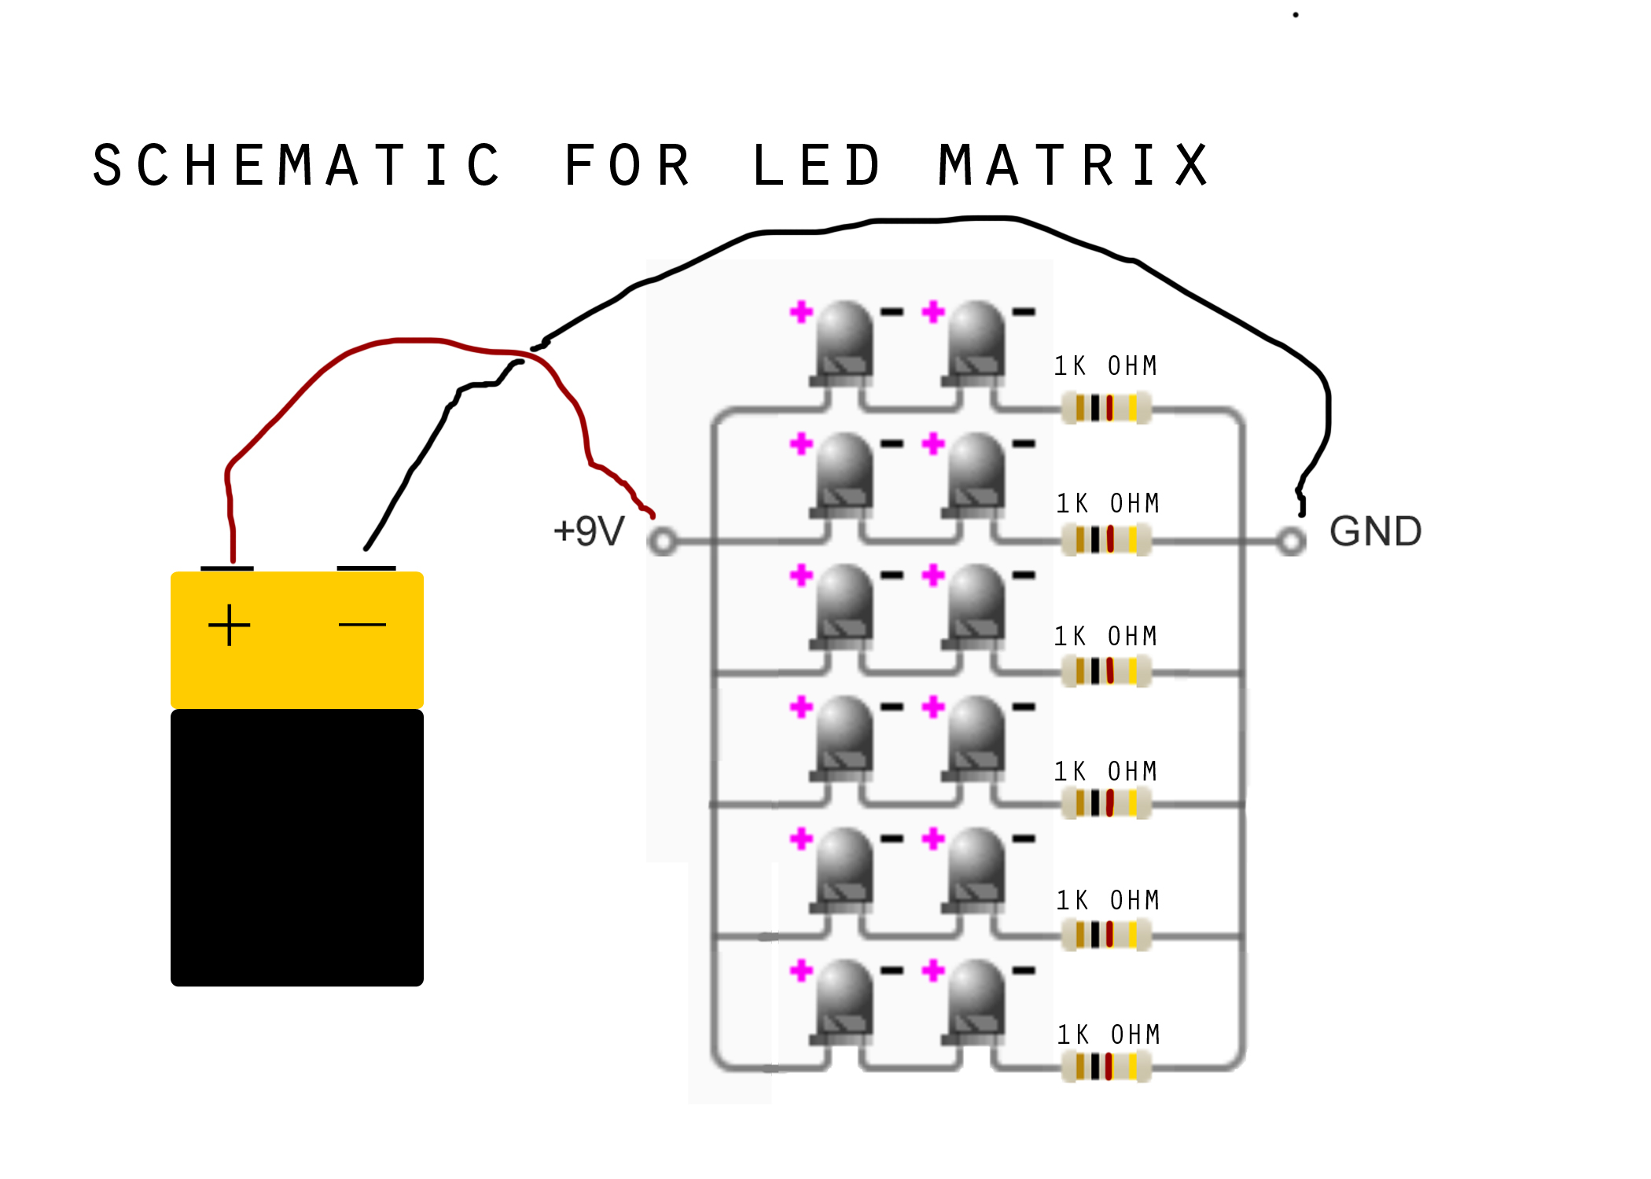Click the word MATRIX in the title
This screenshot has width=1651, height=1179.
1073,166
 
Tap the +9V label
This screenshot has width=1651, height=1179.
589,531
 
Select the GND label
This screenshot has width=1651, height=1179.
1375,531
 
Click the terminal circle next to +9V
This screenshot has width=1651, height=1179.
663,542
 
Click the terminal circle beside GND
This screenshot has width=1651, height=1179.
1290,542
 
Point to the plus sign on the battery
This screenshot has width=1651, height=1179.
229,625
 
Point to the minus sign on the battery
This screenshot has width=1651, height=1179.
362,625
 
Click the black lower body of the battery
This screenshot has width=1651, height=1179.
297,847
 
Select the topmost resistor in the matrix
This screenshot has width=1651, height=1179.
1106,409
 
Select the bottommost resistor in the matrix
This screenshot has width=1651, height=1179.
1106,1067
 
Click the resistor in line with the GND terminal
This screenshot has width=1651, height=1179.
1106,540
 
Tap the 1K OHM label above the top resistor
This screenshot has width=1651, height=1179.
1105,366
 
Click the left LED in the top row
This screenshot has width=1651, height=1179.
844,342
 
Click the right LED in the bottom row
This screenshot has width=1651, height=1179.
976,1000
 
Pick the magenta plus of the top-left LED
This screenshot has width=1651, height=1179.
801,312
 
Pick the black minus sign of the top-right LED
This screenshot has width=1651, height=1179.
1024,312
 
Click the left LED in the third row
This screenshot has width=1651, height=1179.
844,605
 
